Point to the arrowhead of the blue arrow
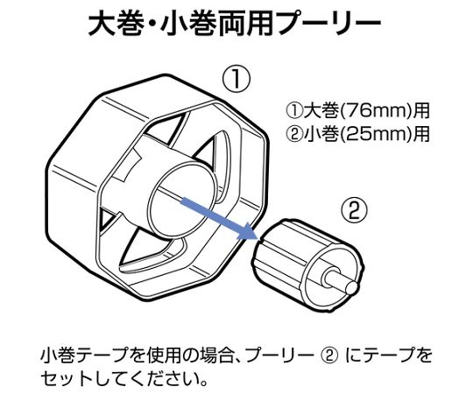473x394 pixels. (250, 233)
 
